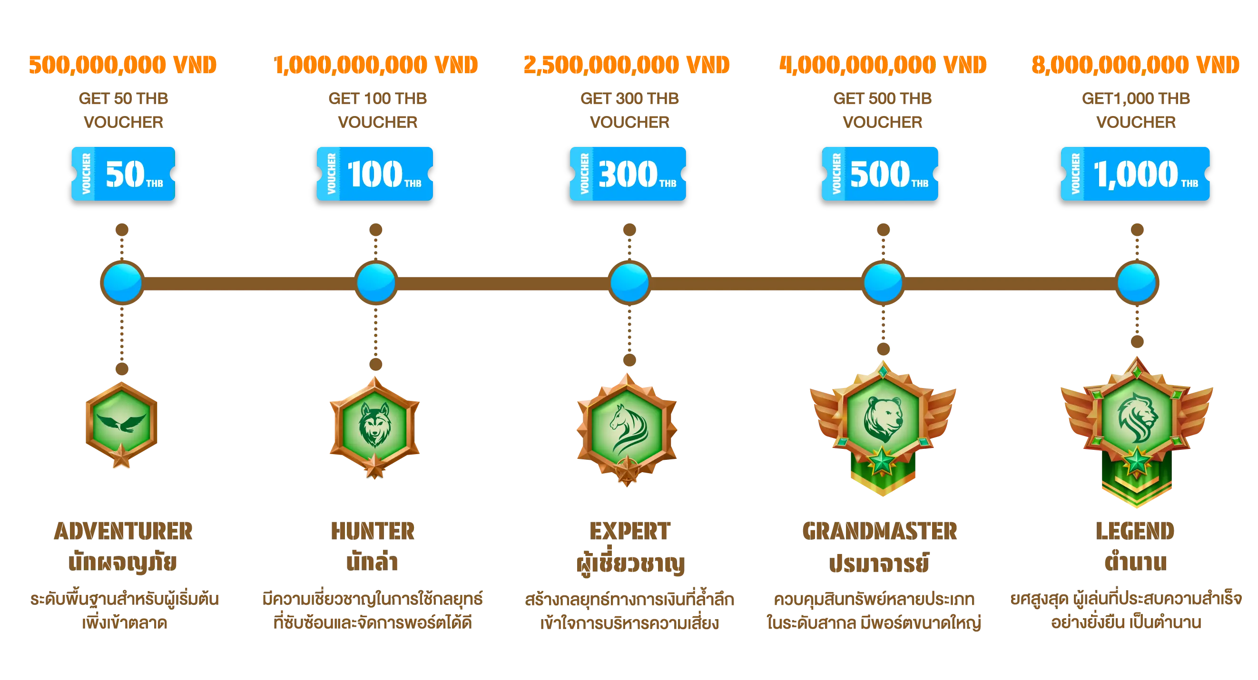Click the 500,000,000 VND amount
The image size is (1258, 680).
tap(123, 65)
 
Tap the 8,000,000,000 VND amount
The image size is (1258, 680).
tap(1135, 65)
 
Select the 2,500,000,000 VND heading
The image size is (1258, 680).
tap(627, 65)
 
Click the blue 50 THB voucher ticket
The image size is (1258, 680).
tap(123, 174)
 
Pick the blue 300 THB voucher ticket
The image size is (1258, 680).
tap(628, 174)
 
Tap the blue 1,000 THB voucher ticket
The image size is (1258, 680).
tap(1135, 174)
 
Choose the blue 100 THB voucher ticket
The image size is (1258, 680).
tap(374, 174)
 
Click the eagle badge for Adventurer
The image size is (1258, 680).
tap(122, 425)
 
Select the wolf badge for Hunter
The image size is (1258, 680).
tap(374, 427)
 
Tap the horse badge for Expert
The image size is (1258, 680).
tap(627, 429)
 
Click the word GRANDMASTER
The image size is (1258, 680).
tap(880, 531)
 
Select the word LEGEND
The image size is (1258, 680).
tap(1135, 531)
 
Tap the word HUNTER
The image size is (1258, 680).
tap(373, 531)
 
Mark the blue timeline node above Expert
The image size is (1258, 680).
tap(629, 282)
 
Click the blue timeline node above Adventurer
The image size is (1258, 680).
tap(122, 282)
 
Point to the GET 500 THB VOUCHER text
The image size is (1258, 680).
tap(883, 110)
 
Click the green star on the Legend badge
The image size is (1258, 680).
tap(1137, 462)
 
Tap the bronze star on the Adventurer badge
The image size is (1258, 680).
tap(121, 456)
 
